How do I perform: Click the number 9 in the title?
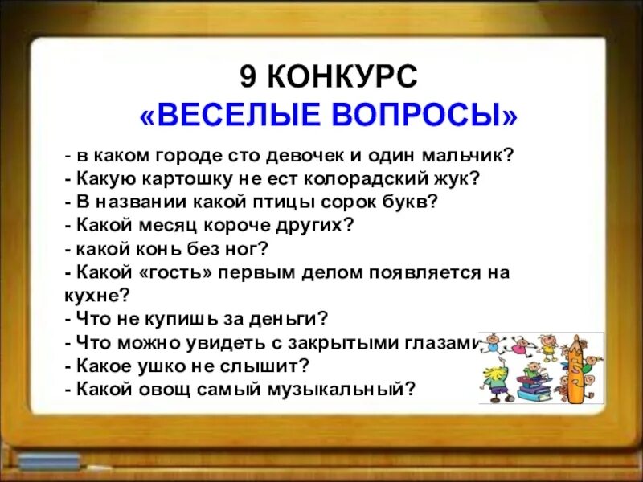248,78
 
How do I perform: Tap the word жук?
458,178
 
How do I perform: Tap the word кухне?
94,295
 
